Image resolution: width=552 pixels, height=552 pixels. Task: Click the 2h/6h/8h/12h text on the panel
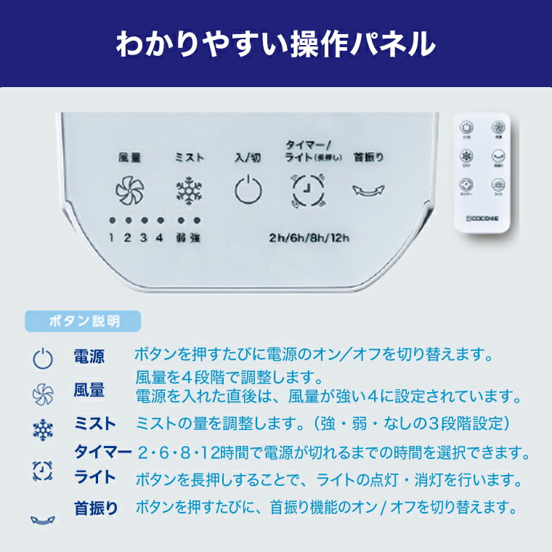point(309,237)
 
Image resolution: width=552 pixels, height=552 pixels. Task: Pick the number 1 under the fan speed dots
point(113,238)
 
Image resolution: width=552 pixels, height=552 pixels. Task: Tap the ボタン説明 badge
point(84,320)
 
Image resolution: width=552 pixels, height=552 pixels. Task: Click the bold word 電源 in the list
point(89,357)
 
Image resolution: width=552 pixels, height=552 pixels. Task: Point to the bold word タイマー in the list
point(103,452)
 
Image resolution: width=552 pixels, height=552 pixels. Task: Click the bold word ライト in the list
point(95,477)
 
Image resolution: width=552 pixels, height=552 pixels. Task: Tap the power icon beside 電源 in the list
point(43,358)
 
